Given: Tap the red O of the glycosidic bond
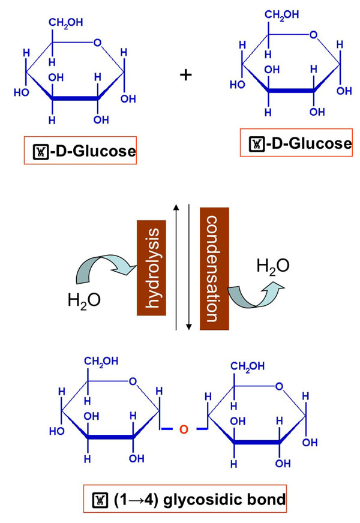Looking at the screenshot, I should [184, 428].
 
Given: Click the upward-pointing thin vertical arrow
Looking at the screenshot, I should [176, 267].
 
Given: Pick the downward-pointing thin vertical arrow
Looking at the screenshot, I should [190, 267].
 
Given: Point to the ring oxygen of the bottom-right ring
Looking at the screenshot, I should [279, 386].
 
